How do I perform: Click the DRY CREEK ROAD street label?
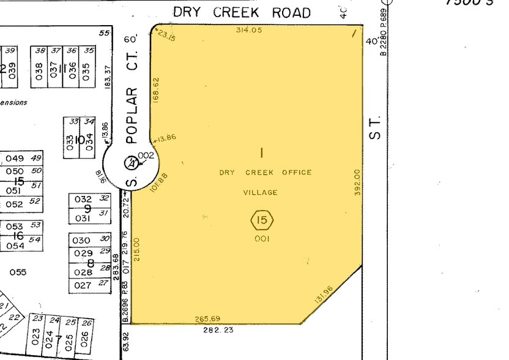coord(241,12)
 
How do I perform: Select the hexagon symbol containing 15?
coord(262,219)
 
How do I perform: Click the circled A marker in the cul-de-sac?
coord(130,163)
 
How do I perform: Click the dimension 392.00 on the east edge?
coord(357,182)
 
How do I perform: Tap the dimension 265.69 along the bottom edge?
coord(207,318)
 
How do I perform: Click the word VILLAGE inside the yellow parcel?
coord(261,192)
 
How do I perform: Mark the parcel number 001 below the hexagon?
coord(262,238)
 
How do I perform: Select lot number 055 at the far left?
coord(18,272)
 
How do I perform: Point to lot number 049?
coord(15,159)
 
